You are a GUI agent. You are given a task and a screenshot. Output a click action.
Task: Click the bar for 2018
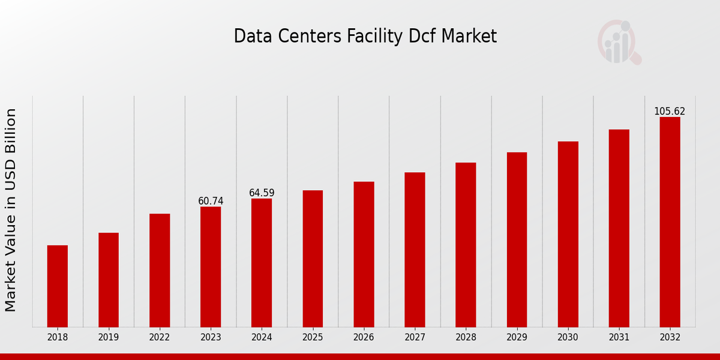point(58,286)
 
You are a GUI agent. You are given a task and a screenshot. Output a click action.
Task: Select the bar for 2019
point(109,280)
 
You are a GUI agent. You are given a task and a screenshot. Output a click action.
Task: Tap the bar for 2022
point(160,270)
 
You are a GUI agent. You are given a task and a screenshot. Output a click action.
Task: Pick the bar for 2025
point(313,259)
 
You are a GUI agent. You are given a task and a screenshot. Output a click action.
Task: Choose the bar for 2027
point(415,250)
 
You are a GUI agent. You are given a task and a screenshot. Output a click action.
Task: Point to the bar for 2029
point(517,239)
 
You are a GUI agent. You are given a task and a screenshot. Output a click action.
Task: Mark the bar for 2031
point(619,228)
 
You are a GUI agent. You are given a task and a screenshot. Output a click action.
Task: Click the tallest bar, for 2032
point(670,222)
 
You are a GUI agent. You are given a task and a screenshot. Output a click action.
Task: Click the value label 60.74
point(211,201)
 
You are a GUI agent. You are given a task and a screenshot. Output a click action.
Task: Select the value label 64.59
point(262,193)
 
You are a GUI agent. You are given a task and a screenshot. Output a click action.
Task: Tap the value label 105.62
point(670,112)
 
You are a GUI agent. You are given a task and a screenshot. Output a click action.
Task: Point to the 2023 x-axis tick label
point(211,338)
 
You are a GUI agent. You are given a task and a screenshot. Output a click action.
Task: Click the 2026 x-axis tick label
point(364,338)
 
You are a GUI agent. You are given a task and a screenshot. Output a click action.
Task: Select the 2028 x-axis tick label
point(466,338)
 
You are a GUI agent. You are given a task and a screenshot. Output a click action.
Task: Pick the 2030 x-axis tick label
point(568,338)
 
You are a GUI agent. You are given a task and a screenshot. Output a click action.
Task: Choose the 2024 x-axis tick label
point(262,338)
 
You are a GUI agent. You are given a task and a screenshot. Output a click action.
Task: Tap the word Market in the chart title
point(469,37)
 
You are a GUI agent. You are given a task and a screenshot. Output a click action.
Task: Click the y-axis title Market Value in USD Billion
point(11,210)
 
